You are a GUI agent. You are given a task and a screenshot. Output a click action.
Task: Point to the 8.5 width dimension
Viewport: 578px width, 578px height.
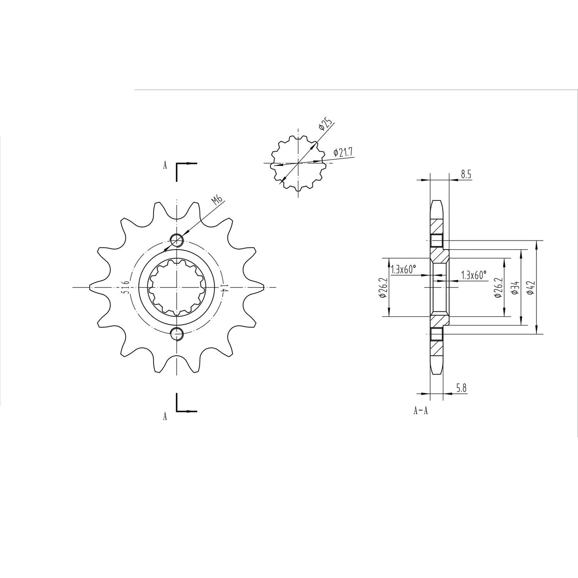point(466,174)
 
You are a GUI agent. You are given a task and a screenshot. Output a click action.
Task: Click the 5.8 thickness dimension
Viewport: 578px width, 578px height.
point(461,387)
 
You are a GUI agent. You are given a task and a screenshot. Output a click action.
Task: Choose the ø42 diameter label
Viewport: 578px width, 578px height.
point(530,287)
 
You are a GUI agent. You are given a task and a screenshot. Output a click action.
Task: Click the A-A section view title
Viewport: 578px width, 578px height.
point(420,411)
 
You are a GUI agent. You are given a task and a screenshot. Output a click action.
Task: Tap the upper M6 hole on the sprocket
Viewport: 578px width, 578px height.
point(176,240)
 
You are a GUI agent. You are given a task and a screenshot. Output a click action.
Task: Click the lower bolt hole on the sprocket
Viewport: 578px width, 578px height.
point(176,333)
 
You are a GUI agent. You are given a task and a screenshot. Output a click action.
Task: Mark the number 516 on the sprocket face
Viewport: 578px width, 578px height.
point(126,287)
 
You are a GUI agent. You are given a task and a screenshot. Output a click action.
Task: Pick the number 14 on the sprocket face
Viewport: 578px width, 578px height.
point(223,288)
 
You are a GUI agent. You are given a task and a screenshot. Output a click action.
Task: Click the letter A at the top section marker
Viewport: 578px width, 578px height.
point(165,166)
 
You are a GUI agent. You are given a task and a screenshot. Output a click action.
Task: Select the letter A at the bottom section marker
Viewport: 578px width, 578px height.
point(165,417)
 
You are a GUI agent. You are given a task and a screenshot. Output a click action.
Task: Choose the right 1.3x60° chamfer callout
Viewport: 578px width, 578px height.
point(474,275)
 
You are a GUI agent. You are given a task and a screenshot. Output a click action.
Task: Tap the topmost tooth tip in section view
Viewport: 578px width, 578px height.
point(436,201)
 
